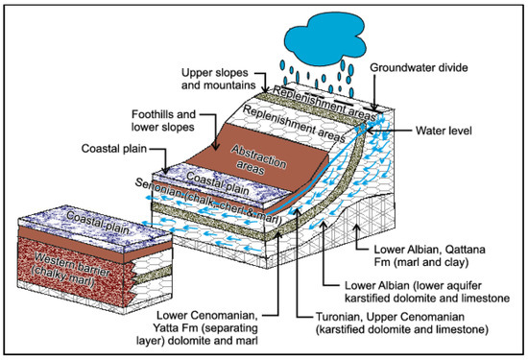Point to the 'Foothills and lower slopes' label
pos(165,121)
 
